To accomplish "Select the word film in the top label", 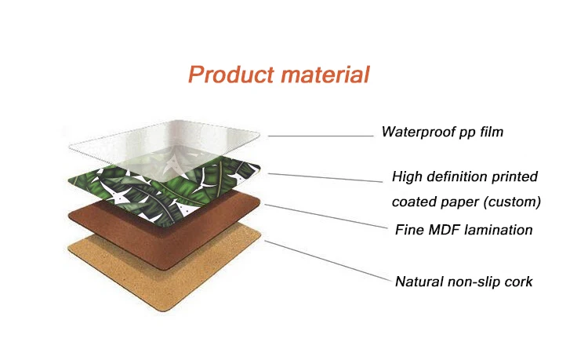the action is click(488, 133).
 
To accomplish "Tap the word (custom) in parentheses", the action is click(512, 202).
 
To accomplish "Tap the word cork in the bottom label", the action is click(518, 281).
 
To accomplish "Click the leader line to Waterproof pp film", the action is click(321, 136).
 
